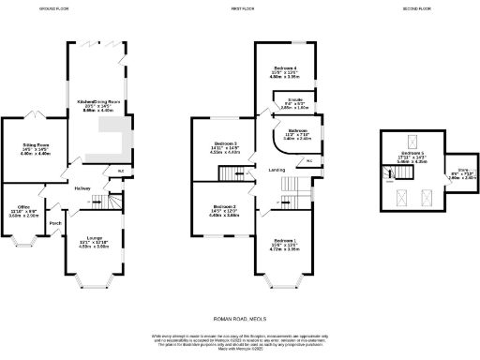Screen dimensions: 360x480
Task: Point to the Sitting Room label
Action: pyautogui.click(x=36, y=145)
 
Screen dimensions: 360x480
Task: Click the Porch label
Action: pyautogui.click(x=55, y=223)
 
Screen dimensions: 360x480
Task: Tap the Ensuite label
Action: pyautogui.click(x=294, y=98)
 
